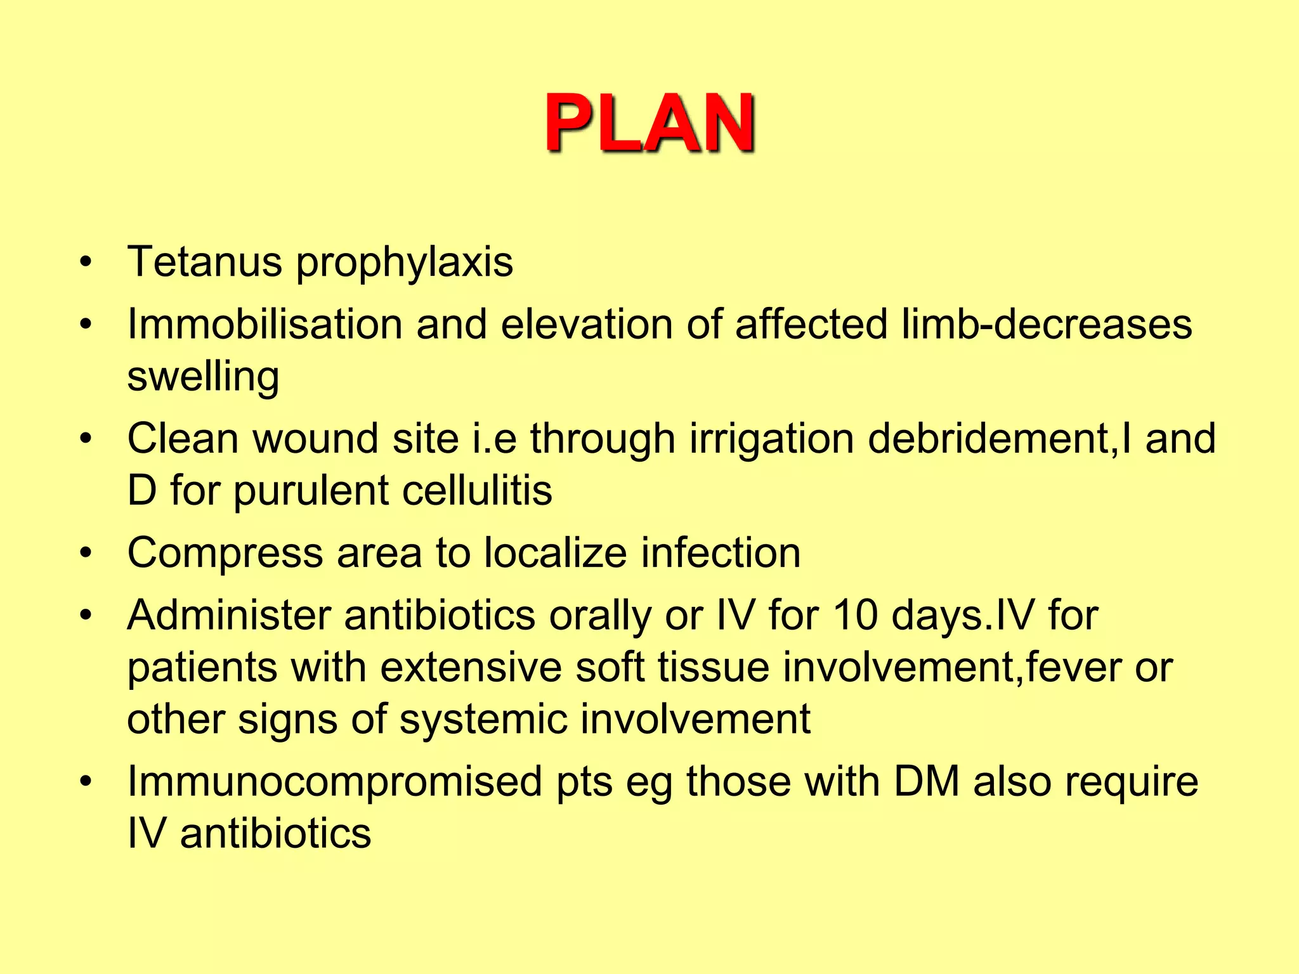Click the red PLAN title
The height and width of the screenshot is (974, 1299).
pyautogui.click(x=649, y=123)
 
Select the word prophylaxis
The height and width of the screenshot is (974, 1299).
pyautogui.click(x=405, y=263)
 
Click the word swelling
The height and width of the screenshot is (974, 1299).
pyautogui.click(x=203, y=377)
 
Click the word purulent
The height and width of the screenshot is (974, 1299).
pyautogui.click(x=311, y=491)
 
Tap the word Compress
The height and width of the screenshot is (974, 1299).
pyautogui.click(x=225, y=553)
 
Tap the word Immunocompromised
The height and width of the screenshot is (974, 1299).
pyautogui.click(x=334, y=781)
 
